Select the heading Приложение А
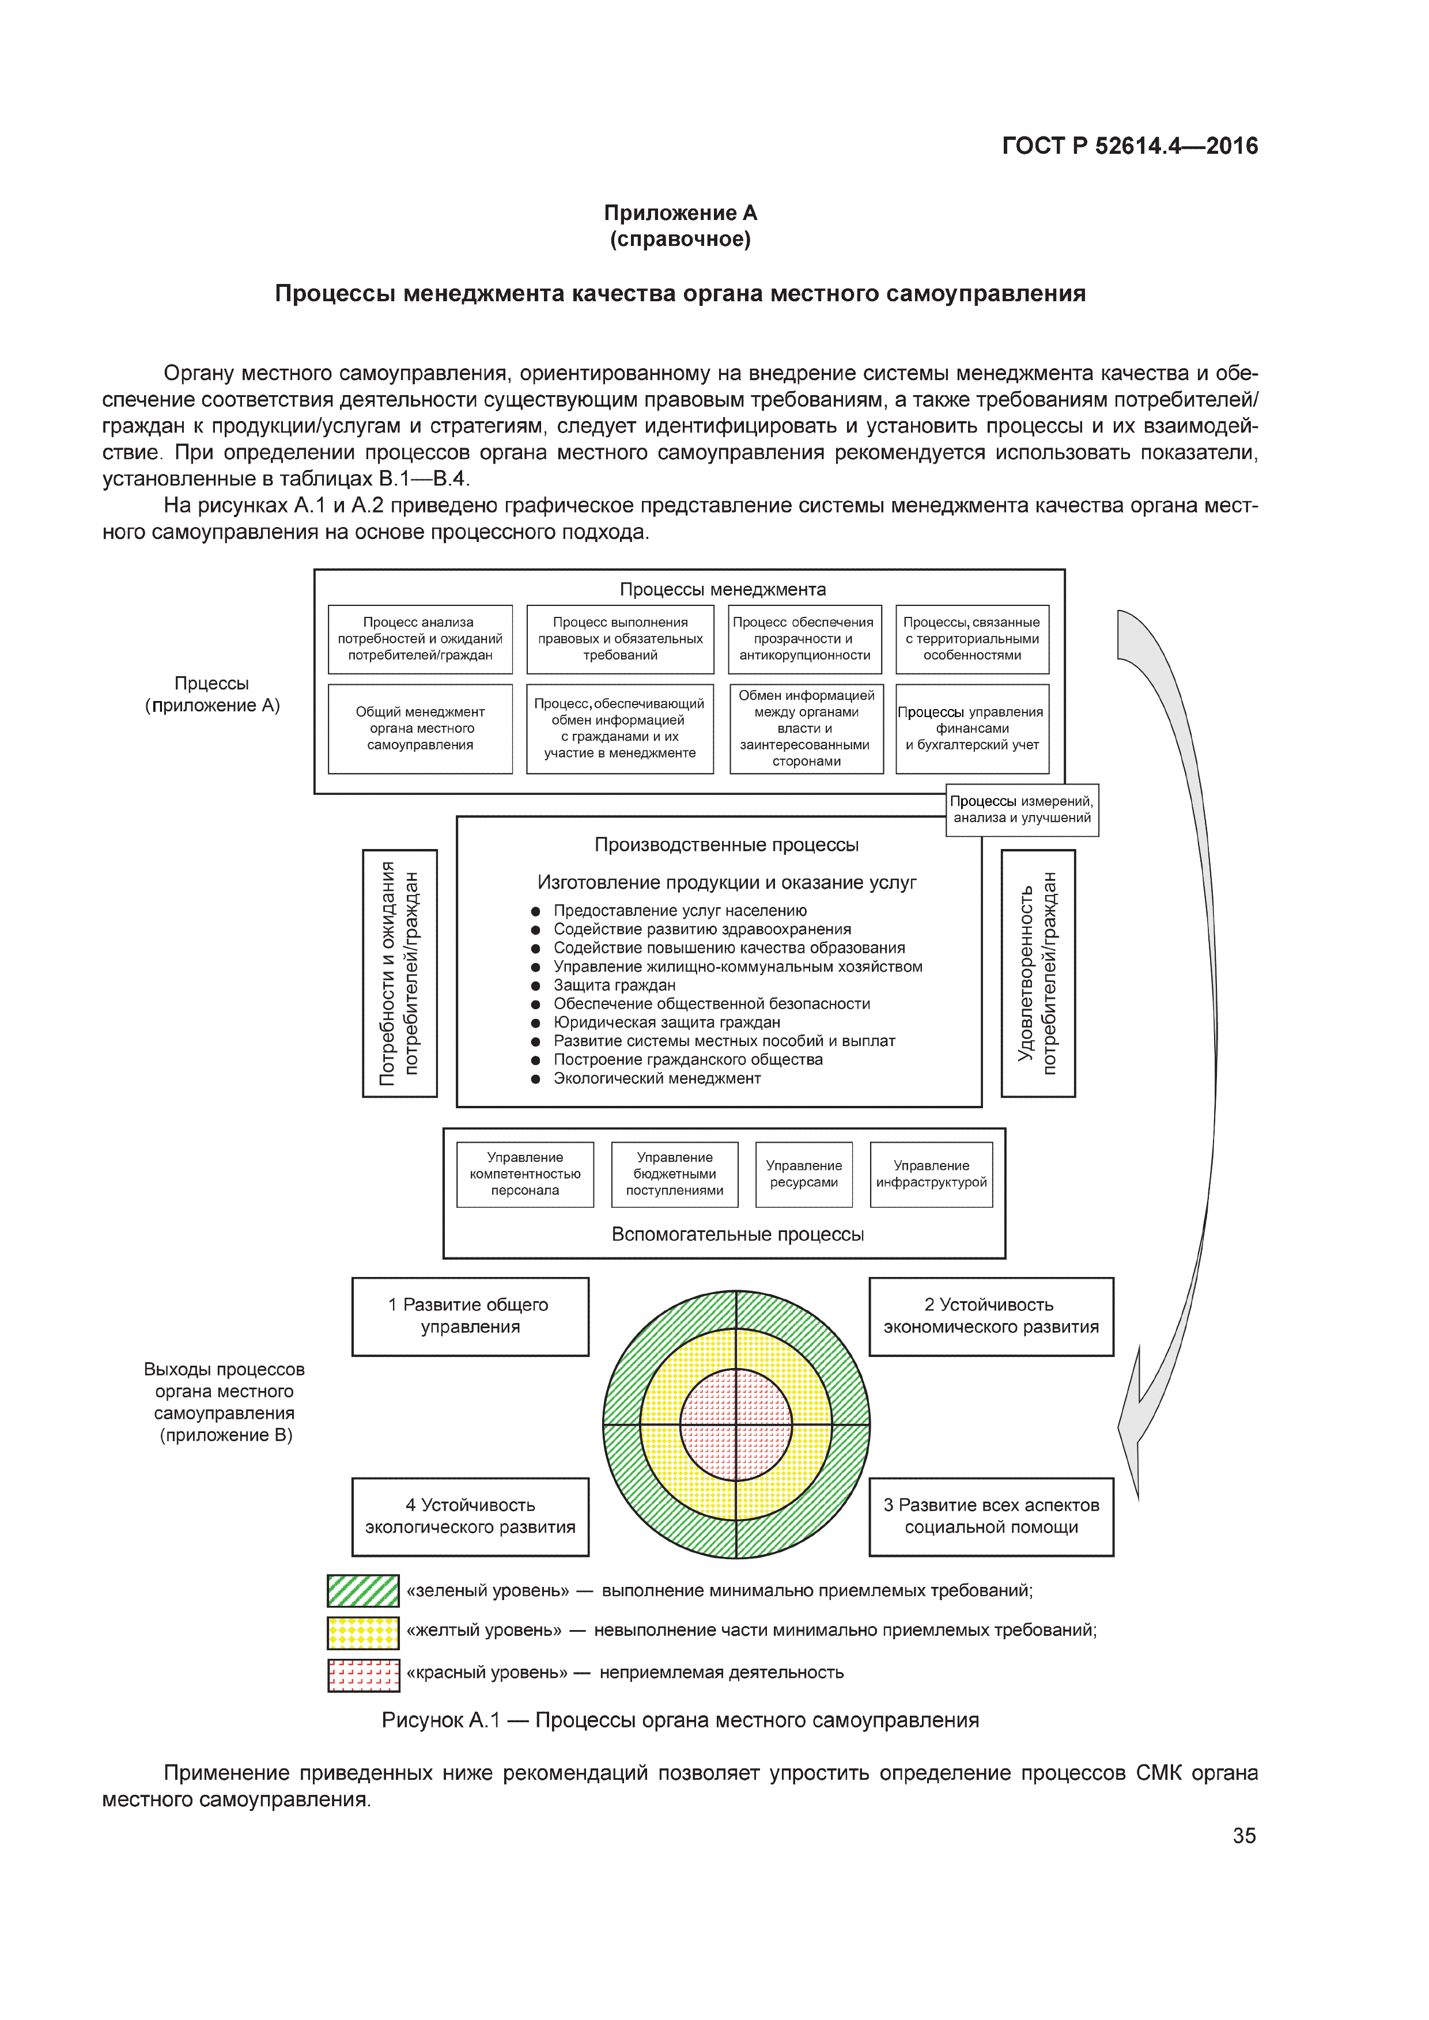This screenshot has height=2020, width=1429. tap(679, 213)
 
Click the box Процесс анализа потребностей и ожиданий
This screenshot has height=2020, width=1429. tap(419, 639)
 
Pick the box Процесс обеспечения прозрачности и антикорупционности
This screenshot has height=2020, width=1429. tap(805, 639)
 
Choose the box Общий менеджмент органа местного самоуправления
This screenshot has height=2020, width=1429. tap(419, 729)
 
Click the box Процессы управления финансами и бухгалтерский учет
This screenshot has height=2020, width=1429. tap(971, 729)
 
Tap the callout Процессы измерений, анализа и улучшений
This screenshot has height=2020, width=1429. tap(1022, 809)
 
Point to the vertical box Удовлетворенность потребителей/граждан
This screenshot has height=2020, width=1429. tap(1038, 972)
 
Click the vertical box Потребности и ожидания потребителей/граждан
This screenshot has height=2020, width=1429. tap(399, 972)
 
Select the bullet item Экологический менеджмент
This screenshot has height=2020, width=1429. tap(656, 1079)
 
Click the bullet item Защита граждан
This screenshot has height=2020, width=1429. tap(614, 986)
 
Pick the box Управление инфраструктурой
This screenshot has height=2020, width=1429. tap(931, 1174)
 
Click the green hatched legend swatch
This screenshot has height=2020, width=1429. tap(362, 1591)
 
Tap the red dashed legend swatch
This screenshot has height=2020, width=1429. tap(362, 1675)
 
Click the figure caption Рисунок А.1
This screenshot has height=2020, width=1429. tap(679, 1720)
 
